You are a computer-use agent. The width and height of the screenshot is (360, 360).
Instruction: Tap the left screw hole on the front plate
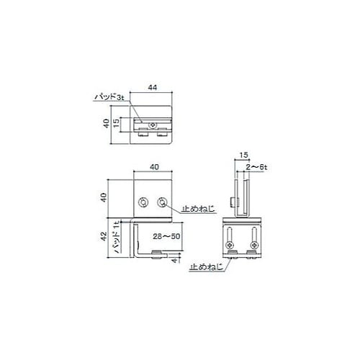(145, 203)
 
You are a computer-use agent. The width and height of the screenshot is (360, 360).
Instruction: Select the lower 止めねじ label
(206, 267)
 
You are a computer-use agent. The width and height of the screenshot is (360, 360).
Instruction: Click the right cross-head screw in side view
(254, 245)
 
